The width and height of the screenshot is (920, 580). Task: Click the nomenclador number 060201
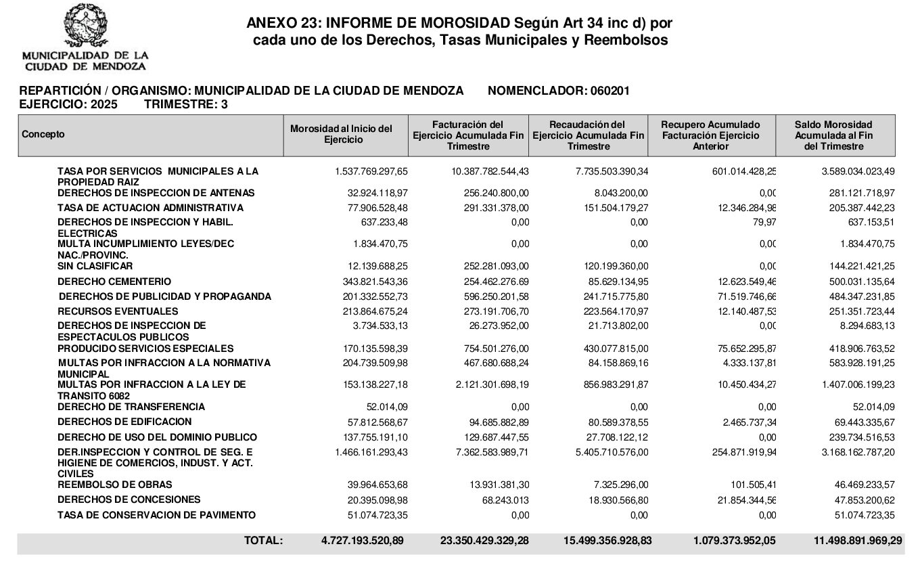[x=611, y=91]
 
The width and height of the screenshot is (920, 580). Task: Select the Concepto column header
[x=43, y=134]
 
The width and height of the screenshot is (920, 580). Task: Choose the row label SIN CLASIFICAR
[x=95, y=266]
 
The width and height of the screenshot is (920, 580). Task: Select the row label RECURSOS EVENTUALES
[x=118, y=311]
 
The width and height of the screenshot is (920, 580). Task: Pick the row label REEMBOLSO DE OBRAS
[x=115, y=485]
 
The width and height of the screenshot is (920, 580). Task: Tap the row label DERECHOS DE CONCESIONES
[x=129, y=499]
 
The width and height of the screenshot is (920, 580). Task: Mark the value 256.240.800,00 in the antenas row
[x=490, y=193]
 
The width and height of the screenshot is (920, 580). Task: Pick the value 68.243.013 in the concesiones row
[x=500, y=500]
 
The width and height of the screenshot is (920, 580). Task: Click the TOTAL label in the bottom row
[x=262, y=541]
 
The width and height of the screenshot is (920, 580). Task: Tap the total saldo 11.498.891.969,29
[x=851, y=541]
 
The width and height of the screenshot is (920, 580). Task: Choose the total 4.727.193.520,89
[x=363, y=541]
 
